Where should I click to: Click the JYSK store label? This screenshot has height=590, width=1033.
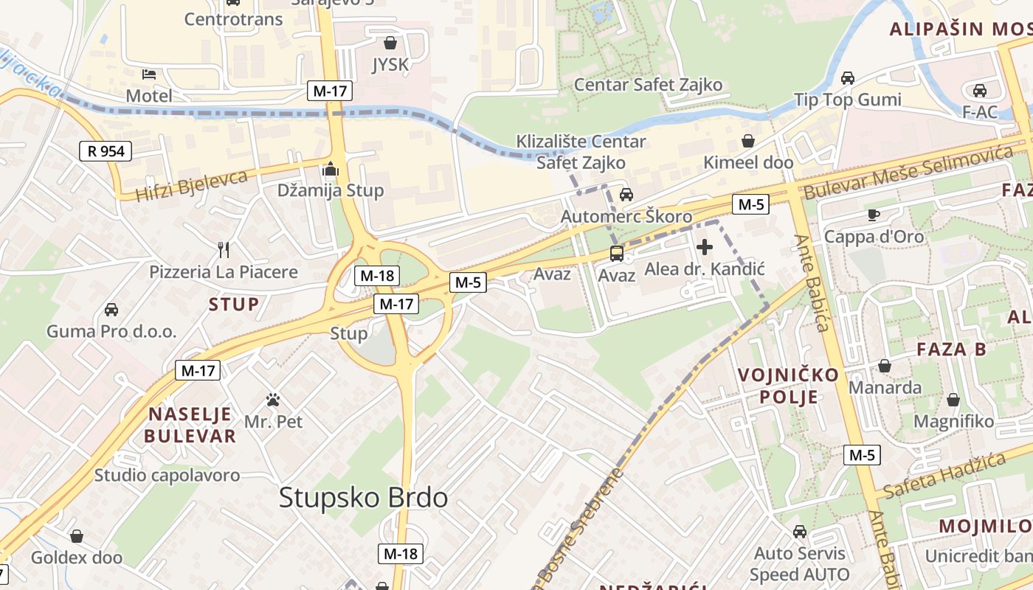pos(390,65)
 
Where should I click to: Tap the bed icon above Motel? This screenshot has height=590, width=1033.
pos(149,74)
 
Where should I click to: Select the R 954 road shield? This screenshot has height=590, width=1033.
pos(106,151)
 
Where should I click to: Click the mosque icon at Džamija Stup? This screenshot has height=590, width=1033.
pos(330,170)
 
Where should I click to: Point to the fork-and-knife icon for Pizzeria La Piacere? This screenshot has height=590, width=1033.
pos(224,250)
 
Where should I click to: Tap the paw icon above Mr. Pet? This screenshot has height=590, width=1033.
pos(273,400)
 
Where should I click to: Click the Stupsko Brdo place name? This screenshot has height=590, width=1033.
pos(363,498)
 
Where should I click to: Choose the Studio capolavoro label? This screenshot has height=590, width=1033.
pos(167,475)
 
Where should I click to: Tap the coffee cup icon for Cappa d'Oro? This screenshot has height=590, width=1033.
pos(874,215)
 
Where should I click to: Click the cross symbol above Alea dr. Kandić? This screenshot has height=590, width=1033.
pos(705,247)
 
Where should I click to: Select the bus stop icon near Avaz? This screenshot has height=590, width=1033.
pos(616,254)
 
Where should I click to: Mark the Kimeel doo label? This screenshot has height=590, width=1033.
pos(748,162)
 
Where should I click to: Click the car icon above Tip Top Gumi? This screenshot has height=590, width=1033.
pos(848,78)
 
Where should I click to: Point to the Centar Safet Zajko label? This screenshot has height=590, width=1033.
pos(648,85)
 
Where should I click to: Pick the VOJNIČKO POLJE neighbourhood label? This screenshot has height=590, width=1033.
pos(788,386)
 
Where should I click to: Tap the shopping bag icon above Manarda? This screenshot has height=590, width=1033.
pos(885,366)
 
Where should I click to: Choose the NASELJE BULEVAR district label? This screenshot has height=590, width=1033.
pos(190,425)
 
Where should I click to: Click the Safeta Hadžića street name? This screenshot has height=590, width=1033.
pos(944,475)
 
